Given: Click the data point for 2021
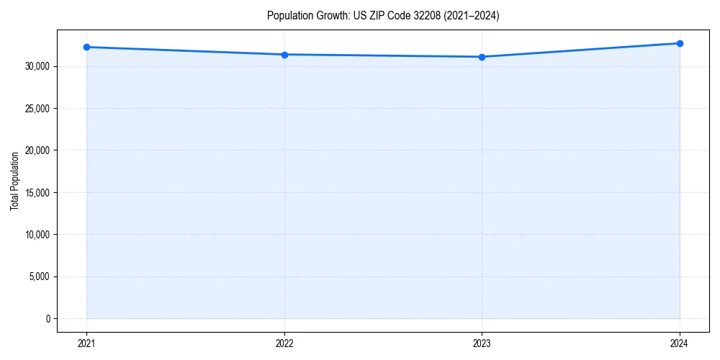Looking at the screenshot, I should click(86, 47).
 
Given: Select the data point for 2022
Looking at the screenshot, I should click(284, 55).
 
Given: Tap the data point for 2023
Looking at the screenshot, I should click(482, 57).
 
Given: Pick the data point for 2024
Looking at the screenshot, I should click(680, 43).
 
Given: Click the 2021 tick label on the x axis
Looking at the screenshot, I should click(86, 343).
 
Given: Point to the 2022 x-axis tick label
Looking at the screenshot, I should click(284, 343).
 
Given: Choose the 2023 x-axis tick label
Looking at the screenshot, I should click(482, 343).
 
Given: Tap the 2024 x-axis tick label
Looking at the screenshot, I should click(680, 343).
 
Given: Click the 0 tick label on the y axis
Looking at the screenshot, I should click(48, 319).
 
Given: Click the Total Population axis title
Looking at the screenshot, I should click(14, 181).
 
